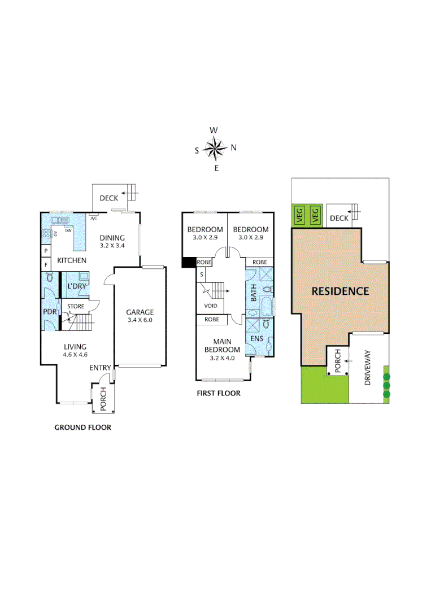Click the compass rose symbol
[215, 149]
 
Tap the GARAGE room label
[140, 312]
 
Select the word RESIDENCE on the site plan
[340, 291]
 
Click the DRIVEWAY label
[368, 368]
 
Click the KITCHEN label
[72, 260]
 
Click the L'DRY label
[76, 286]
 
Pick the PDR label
[50, 311]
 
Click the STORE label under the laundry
[76, 307]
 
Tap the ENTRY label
[100, 368]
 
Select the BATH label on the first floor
[254, 293]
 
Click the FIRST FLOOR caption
[218, 393]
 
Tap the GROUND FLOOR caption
[82, 427]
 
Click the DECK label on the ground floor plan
[108, 198]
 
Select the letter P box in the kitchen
[46, 250]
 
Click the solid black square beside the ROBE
[188, 262]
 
